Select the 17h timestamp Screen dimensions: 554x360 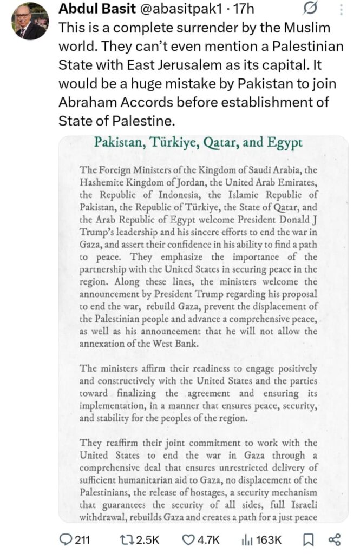[x=240, y=10]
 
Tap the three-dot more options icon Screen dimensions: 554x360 [x=341, y=10]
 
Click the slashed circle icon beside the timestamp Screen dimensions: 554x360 [x=311, y=10]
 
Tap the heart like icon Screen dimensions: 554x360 [x=188, y=539]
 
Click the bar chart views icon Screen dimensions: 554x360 [x=246, y=539]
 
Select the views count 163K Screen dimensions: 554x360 [x=269, y=539]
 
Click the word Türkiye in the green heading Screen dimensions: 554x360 [x=173, y=143]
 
